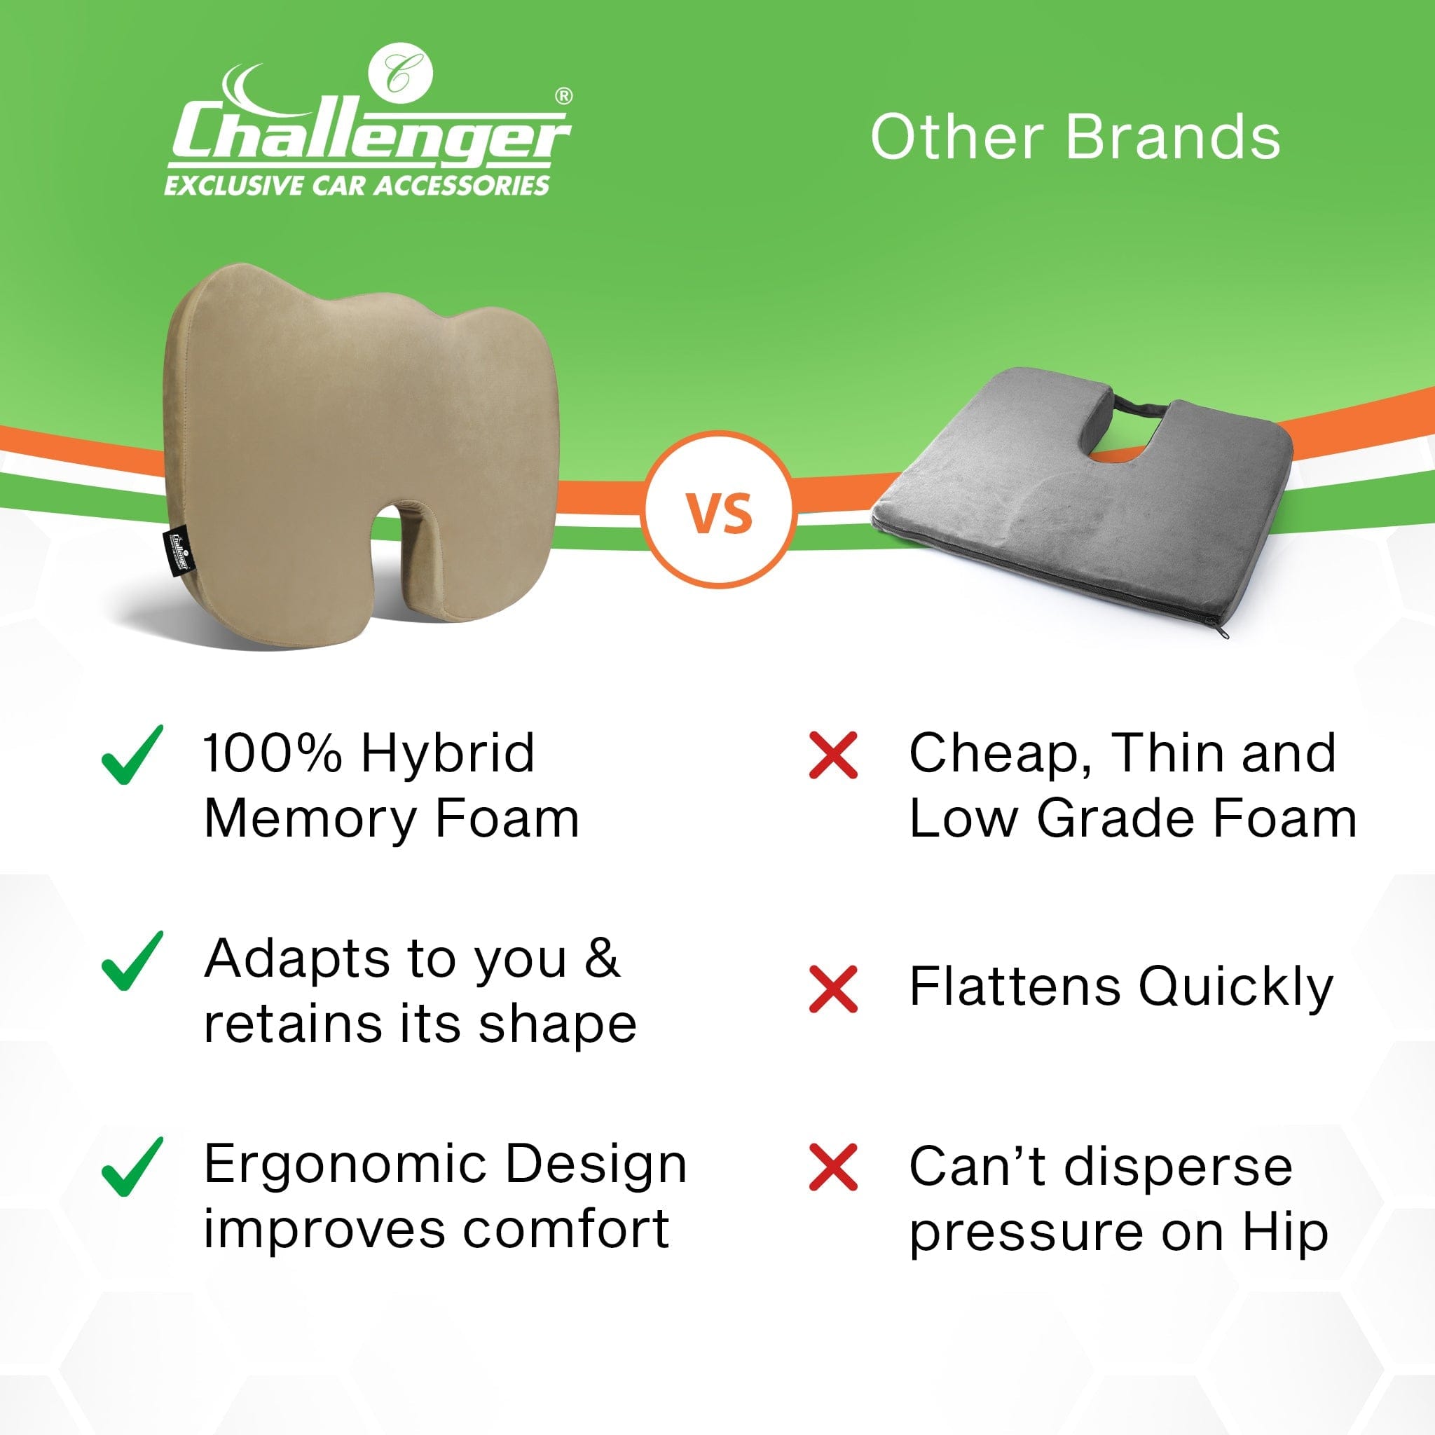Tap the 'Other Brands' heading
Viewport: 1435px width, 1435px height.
point(1076,137)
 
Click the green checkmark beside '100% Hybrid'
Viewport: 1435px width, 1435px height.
point(132,756)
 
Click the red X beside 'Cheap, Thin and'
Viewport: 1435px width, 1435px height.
point(833,756)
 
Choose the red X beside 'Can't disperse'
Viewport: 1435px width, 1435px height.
point(833,1168)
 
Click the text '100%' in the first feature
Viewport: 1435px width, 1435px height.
point(273,753)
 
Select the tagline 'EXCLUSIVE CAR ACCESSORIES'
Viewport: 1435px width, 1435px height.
point(357,185)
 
